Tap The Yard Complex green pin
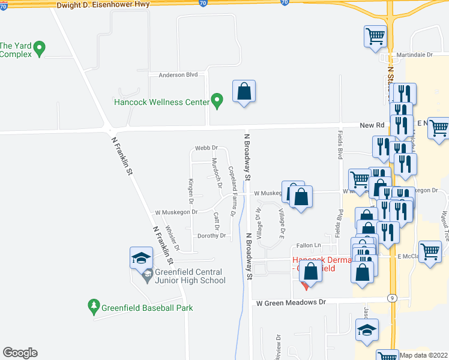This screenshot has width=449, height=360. (40, 48)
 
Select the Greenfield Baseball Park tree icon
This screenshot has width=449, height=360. (93, 307)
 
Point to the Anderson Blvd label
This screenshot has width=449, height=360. (178, 75)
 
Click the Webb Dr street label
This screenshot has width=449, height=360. (206, 148)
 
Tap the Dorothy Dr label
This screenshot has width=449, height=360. (211, 236)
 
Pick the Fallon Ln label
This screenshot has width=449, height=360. (309, 245)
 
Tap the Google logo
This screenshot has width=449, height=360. (20, 353)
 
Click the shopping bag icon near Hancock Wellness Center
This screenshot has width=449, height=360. (244, 92)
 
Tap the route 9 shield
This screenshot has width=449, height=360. (391, 298)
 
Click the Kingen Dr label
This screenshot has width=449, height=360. (191, 188)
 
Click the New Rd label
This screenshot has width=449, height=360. (372, 125)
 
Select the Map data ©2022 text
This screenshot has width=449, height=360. (424, 355)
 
